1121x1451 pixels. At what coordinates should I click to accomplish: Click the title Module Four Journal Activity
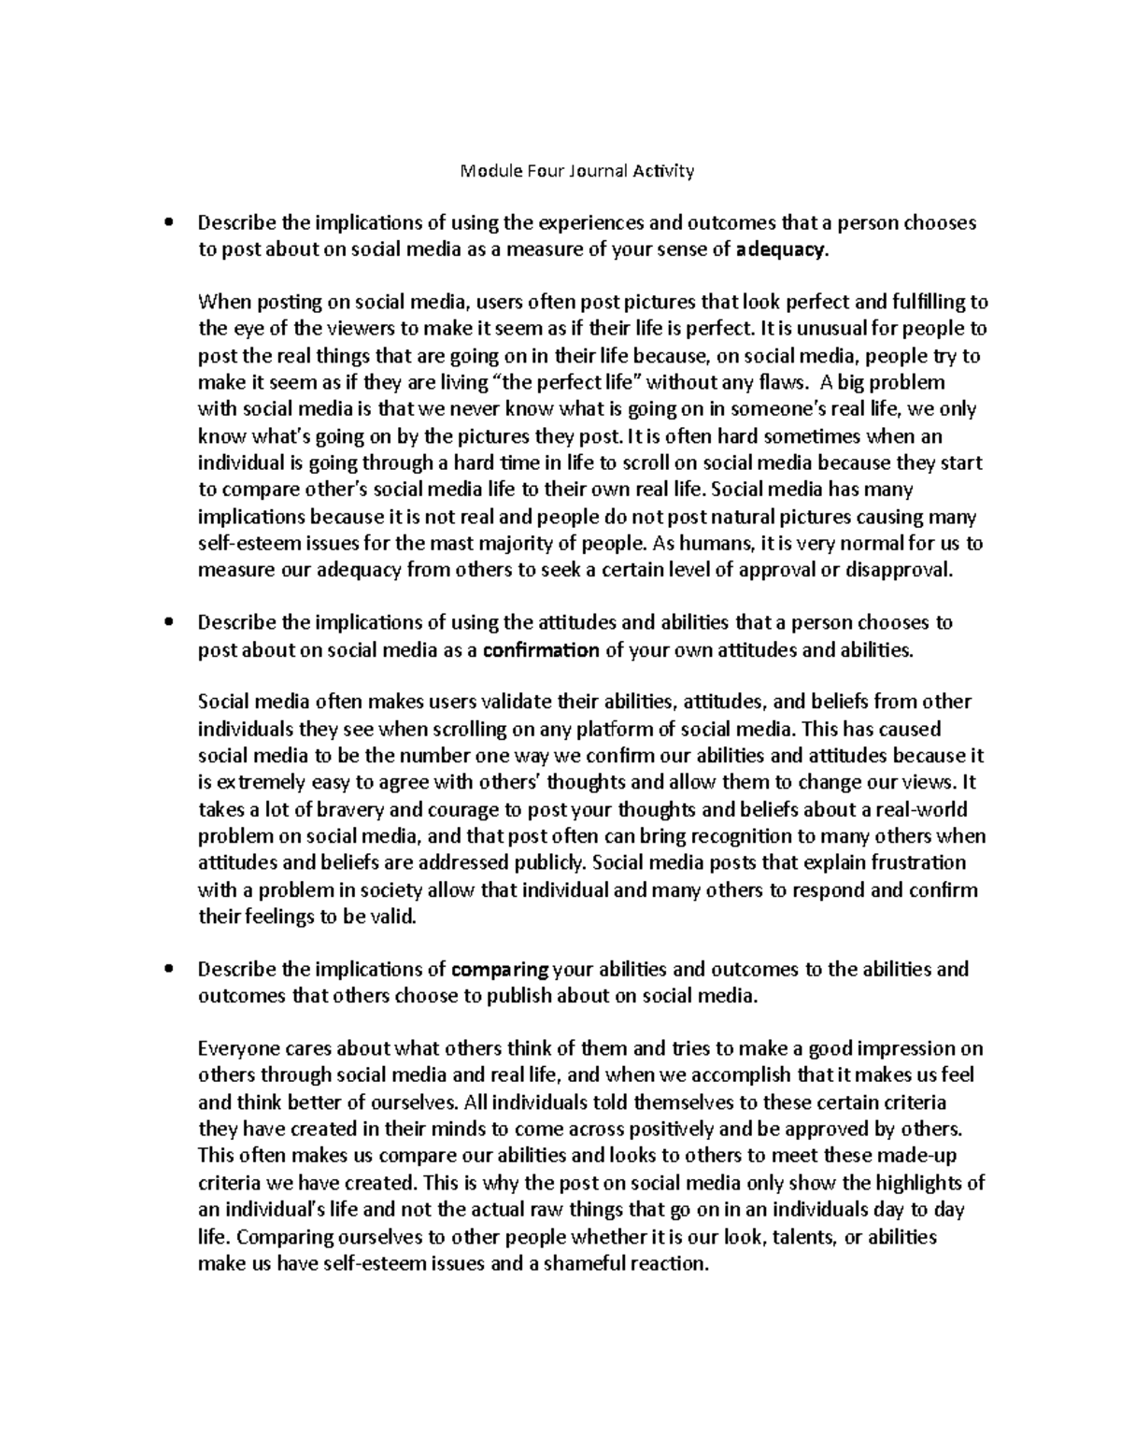click(577, 171)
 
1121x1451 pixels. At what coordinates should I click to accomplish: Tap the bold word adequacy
click(781, 249)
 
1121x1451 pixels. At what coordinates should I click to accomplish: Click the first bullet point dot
click(168, 223)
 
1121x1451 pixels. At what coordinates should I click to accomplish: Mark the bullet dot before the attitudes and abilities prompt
click(168, 623)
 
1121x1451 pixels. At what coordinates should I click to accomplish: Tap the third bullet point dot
click(168, 970)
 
